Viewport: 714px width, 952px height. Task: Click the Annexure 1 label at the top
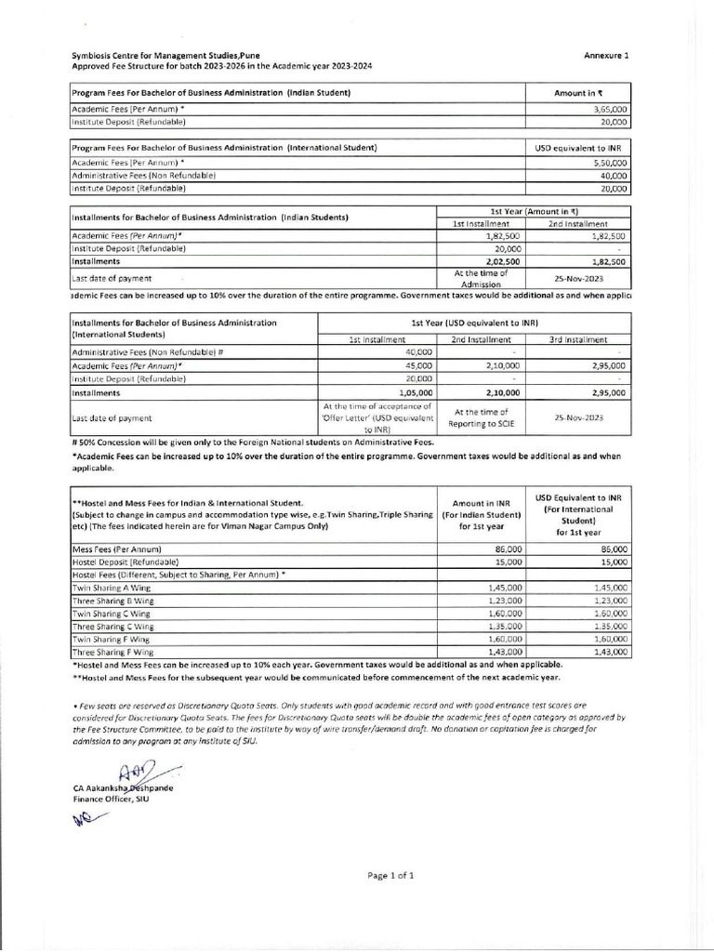pos(606,56)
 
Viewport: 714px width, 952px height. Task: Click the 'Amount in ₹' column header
pos(578,94)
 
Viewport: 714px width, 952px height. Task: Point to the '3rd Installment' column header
pos(579,340)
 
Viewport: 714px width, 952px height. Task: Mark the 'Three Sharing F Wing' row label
pos(113,654)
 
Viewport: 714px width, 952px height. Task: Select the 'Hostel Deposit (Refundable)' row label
pos(126,562)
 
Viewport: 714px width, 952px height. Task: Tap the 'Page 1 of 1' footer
pos(390,876)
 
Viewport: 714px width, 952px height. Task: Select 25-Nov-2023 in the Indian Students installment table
pos(579,277)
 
